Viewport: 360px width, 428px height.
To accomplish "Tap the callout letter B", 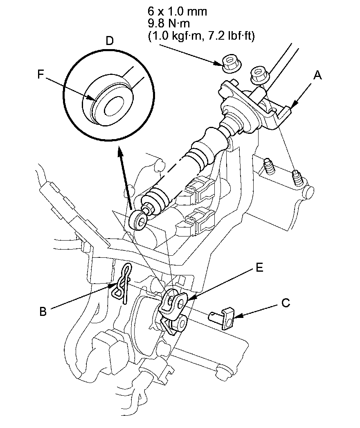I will [x=43, y=311].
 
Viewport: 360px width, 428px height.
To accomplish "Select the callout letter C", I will [x=286, y=303].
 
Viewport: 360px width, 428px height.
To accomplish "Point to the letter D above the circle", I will [x=109, y=41].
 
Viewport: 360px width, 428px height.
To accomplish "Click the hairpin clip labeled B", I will [x=123, y=282].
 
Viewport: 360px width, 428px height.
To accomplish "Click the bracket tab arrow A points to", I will [x=285, y=112].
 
